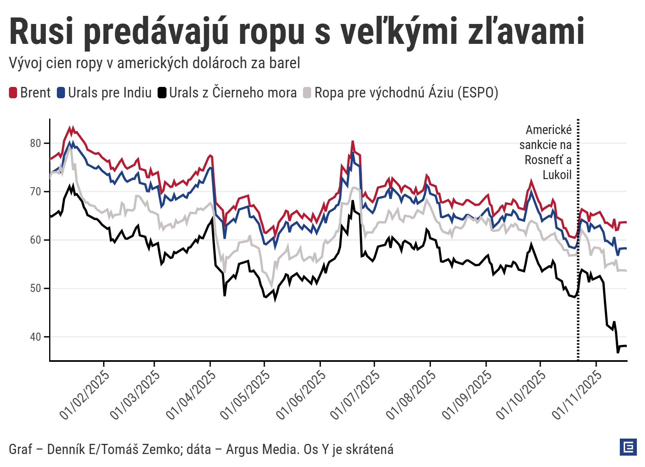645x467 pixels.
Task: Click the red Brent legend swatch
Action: (13, 93)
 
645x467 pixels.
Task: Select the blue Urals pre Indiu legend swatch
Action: (61, 93)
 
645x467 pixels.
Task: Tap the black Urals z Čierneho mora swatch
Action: (162, 93)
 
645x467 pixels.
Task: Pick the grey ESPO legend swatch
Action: (307, 93)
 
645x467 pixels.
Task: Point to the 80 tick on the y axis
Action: (36, 143)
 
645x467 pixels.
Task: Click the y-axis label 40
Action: (36, 337)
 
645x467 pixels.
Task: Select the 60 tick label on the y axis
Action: (36, 240)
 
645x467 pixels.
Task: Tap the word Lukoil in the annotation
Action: (557, 175)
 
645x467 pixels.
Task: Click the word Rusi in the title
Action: (41, 32)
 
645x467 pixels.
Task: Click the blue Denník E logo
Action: (628, 447)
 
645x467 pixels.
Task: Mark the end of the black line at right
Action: (626, 346)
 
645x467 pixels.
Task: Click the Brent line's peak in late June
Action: (353, 142)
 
